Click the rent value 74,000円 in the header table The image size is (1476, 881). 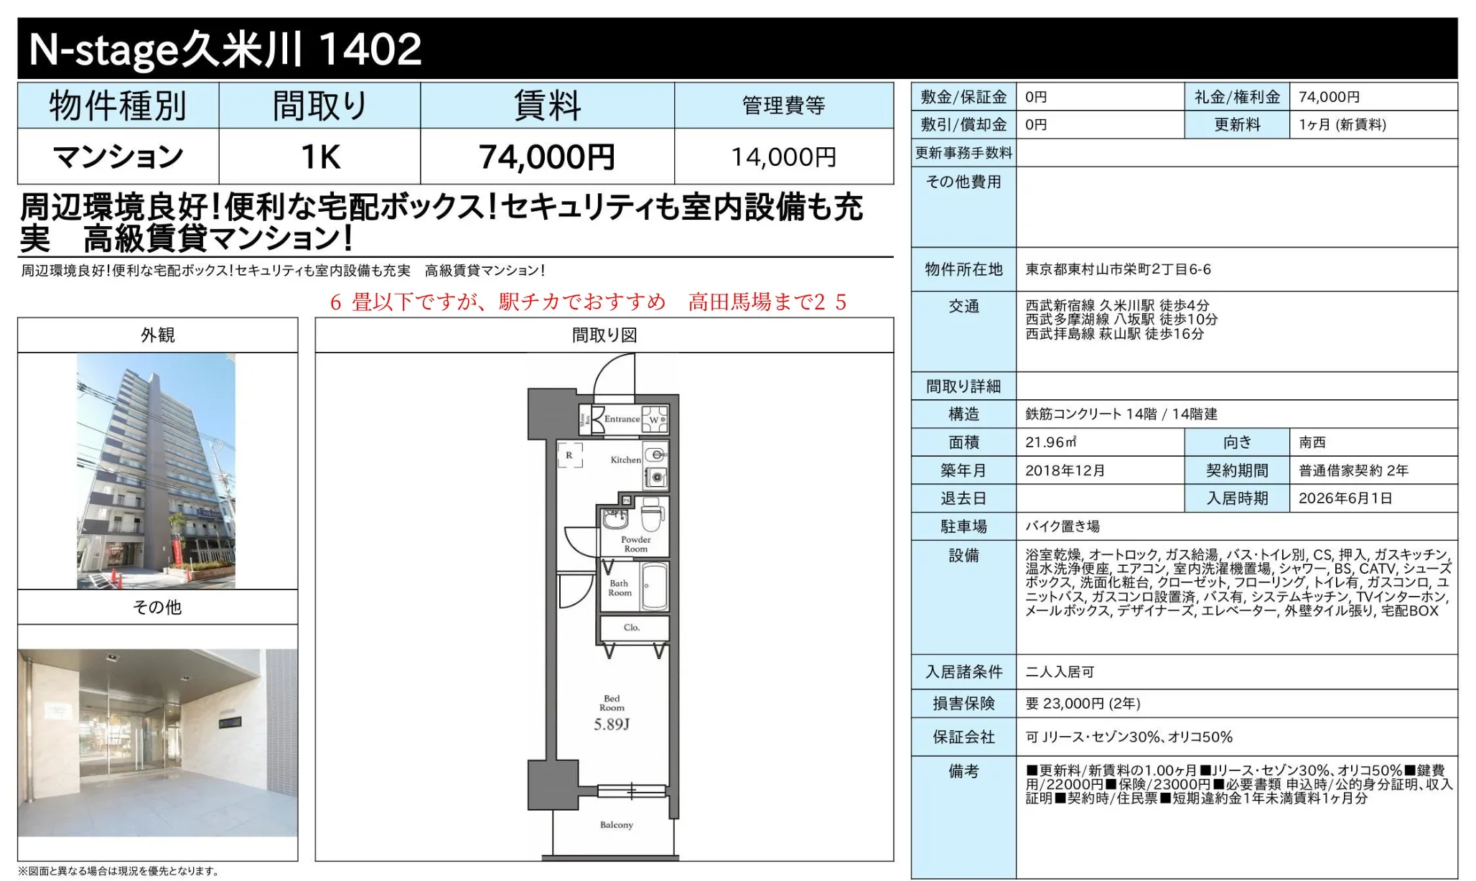[x=547, y=157]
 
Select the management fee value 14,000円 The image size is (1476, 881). [x=783, y=157]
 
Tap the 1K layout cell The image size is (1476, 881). [x=320, y=157]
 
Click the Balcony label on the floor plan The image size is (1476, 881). [x=617, y=825]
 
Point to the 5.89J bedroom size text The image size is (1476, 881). [x=612, y=724]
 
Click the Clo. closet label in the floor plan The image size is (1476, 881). [x=632, y=628]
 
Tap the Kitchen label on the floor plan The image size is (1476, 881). [x=625, y=460]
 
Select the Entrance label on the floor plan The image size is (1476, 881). [x=622, y=419]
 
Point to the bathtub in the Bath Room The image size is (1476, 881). [x=655, y=587]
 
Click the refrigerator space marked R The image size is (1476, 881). [x=570, y=455]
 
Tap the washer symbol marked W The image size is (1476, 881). [x=655, y=419]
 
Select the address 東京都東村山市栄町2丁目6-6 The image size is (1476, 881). [x=1118, y=269]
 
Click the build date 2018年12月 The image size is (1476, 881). [x=1065, y=470]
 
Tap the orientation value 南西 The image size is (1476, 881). [x=1312, y=442]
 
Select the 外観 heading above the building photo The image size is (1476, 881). [x=157, y=335]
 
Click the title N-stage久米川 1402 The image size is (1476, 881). [x=225, y=49]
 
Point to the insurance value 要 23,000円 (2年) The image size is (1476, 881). [x=1083, y=704]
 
